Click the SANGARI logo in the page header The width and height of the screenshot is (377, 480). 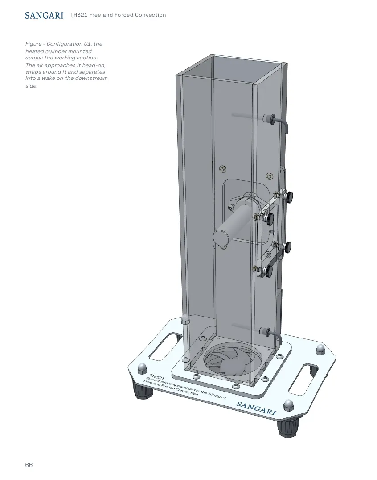pos(44,15)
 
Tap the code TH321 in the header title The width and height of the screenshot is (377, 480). pos(79,15)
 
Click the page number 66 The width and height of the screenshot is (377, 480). pos(29,465)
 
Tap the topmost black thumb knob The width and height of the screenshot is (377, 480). pos(289,196)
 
